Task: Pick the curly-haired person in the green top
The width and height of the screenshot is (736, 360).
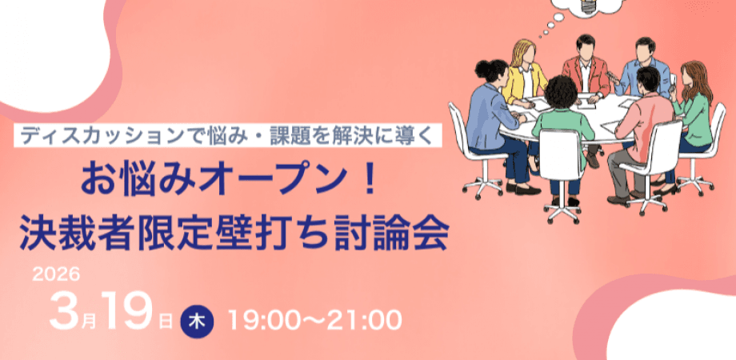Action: pos(563,120)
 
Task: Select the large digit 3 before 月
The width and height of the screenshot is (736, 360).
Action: pos(63,311)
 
